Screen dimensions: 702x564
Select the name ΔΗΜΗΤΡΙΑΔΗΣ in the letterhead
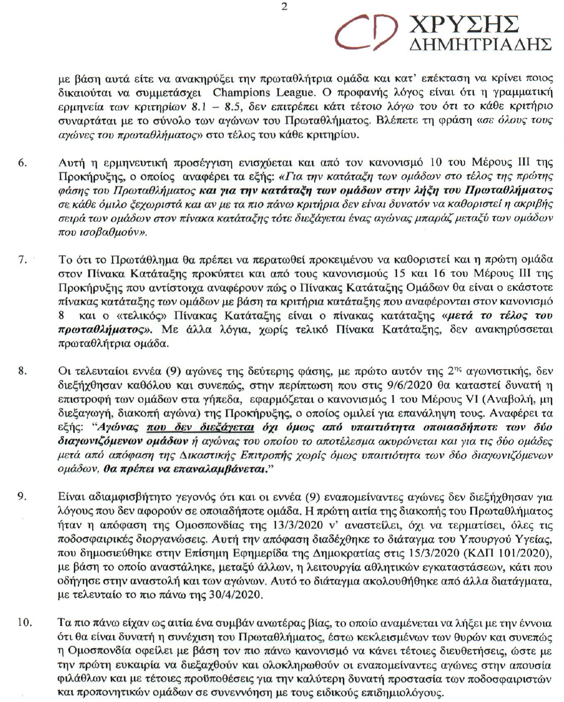pyautogui.click(x=481, y=45)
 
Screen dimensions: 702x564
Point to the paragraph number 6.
pyautogui.click(x=22, y=162)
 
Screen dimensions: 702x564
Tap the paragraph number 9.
pyautogui.click(x=22, y=496)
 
